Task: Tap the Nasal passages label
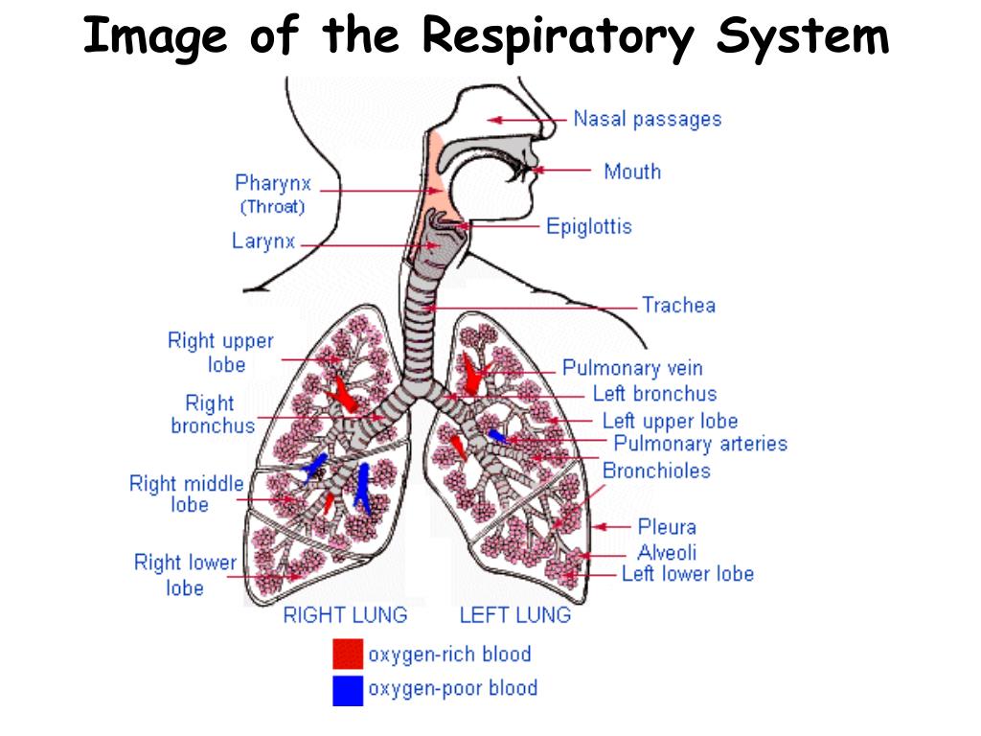pyautogui.click(x=647, y=120)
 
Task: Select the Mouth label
pyautogui.click(x=631, y=172)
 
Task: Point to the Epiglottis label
pyautogui.click(x=588, y=227)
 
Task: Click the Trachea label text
pyautogui.click(x=678, y=306)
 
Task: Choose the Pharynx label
pyautogui.click(x=273, y=183)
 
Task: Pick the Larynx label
pyautogui.click(x=263, y=241)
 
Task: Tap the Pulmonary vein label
pyautogui.click(x=632, y=368)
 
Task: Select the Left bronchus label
pyautogui.click(x=654, y=394)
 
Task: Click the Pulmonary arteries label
pyautogui.click(x=700, y=444)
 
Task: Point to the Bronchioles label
pyautogui.click(x=656, y=471)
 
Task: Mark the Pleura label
pyautogui.click(x=667, y=526)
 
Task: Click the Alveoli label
pyautogui.click(x=667, y=552)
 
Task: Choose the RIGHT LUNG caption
pyautogui.click(x=345, y=615)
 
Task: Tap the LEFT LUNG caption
pyautogui.click(x=515, y=615)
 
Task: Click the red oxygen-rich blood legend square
pyautogui.click(x=348, y=654)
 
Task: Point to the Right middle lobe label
pyautogui.click(x=187, y=494)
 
